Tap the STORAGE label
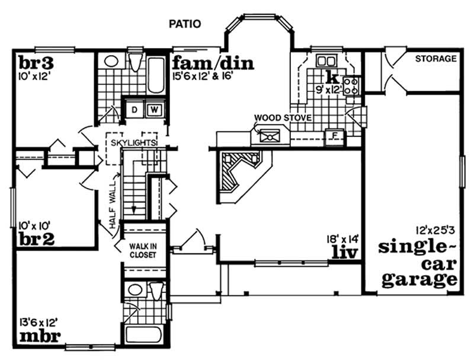pyautogui.click(x=435, y=59)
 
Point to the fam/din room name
pyautogui.click(x=213, y=63)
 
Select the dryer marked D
pyautogui.click(x=134, y=110)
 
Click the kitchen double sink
pyautogui.click(x=325, y=60)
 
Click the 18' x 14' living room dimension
pyautogui.click(x=342, y=239)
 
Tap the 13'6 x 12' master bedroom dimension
pyautogui.click(x=41, y=322)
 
